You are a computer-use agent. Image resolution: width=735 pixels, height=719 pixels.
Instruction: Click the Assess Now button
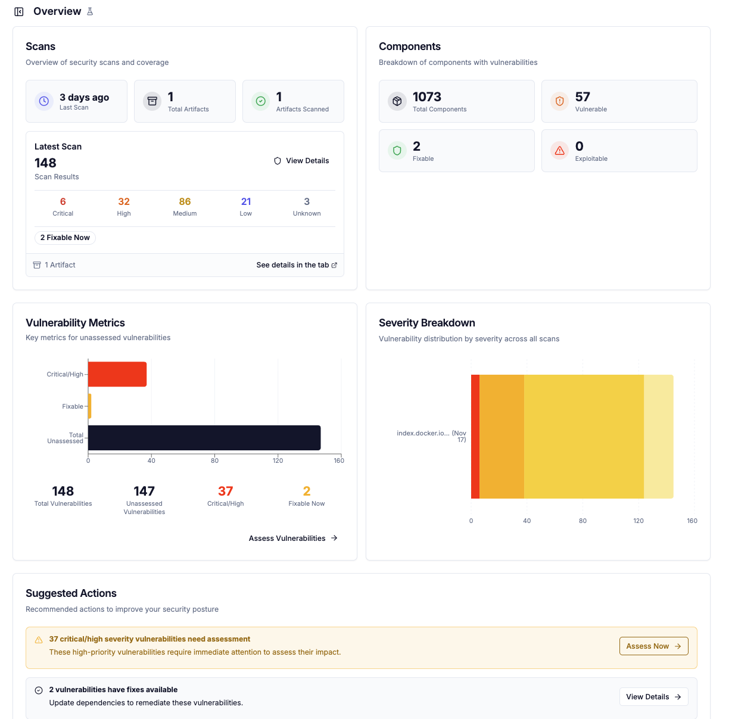[x=653, y=646]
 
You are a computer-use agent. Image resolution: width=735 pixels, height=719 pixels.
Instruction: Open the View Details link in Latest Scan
[x=301, y=161]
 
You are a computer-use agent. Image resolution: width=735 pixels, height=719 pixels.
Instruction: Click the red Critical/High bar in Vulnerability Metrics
[x=117, y=374]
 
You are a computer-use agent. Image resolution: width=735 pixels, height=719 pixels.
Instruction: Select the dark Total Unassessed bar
[x=204, y=438]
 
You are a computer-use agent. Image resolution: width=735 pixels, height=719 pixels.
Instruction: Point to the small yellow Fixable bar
[x=89, y=406]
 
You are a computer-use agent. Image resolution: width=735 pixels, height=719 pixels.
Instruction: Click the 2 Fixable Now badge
[x=65, y=238]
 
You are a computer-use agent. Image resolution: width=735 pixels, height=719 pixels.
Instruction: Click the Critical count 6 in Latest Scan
[x=63, y=202]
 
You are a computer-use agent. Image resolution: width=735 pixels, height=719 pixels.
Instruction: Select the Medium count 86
[x=185, y=202]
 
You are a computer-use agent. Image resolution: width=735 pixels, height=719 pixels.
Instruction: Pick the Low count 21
[x=246, y=202]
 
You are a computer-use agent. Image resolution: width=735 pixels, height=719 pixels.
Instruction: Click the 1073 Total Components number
[x=427, y=97]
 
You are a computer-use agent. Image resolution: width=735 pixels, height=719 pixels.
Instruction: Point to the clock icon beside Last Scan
[x=44, y=101]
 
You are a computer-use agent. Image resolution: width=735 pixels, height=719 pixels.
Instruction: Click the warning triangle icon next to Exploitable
[x=560, y=151]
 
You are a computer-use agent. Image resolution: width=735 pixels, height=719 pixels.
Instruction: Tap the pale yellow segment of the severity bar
[x=658, y=437]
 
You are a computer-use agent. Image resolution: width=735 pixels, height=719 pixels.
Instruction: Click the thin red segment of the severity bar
[x=475, y=437]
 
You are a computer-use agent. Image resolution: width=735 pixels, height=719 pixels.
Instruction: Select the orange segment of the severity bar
[x=502, y=437]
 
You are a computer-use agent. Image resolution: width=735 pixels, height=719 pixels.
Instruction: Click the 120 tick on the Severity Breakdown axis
[x=639, y=521]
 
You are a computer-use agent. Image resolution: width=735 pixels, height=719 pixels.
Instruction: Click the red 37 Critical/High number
[x=225, y=491]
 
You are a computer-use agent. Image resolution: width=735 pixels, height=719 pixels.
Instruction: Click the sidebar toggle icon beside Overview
[x=19, y=12]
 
